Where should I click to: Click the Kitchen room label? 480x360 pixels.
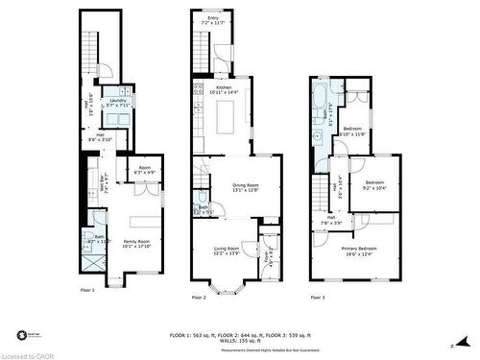pos(225,89)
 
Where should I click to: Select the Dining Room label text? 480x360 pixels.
pos(246,187)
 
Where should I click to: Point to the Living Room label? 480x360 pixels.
pos(226,251)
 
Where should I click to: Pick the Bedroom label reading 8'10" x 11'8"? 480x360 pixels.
pos(353,132)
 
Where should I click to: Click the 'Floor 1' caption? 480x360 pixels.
pos(85,288)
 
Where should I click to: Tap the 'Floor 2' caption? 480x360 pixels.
pos(199,297)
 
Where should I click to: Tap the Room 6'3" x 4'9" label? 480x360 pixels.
pos(143,171)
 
